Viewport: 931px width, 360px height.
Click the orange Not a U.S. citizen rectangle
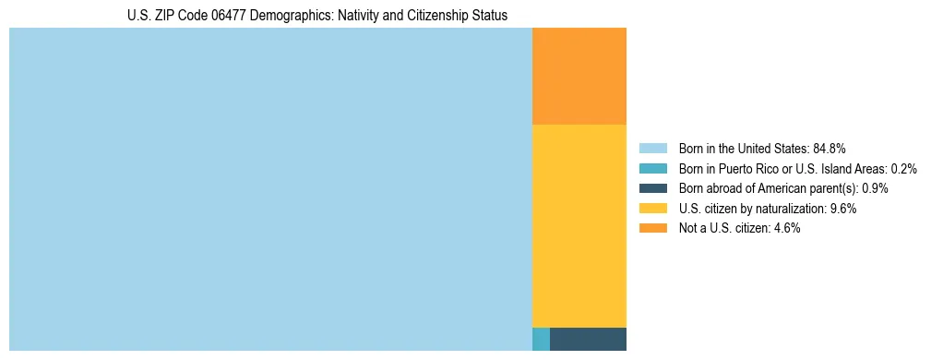point(579,76)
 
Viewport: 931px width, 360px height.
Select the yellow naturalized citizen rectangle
point(579,225)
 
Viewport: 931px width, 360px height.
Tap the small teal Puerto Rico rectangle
point(541,339)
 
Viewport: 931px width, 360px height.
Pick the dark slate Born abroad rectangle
point(588,339)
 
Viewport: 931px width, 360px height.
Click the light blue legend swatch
point(652,149)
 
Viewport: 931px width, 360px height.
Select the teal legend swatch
point(652,169)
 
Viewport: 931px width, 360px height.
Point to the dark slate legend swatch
point(652,188)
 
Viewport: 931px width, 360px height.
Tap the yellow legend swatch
point(652,209)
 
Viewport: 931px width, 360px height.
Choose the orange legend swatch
point(652,228)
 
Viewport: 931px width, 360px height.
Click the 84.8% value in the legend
point(830,149)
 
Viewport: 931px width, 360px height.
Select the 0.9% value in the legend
point(875,188)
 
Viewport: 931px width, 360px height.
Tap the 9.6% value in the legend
point(843,209)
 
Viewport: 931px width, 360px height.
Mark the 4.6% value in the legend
point(787,228)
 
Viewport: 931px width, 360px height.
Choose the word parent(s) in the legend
point(834,188)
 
